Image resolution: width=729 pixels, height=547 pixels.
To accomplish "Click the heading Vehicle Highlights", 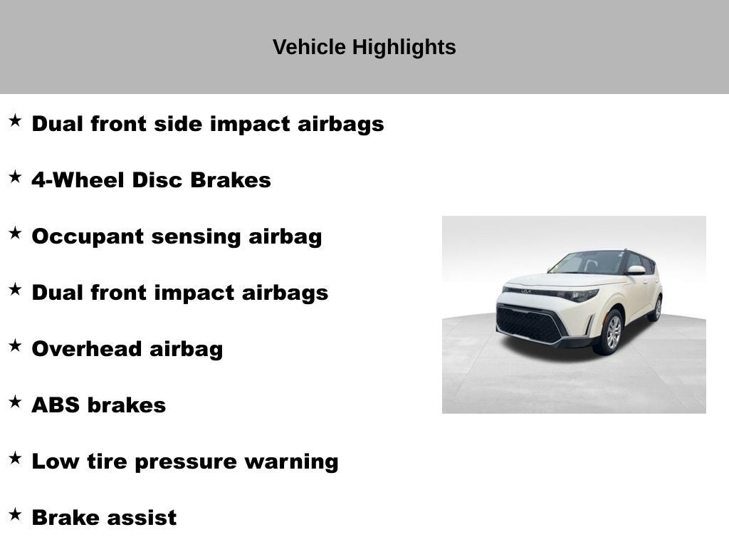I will [x=364, y=47].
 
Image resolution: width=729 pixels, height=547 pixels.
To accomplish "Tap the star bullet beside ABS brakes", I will [x=15, y=402].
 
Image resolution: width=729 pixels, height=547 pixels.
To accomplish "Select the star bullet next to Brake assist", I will [x=15, y=514].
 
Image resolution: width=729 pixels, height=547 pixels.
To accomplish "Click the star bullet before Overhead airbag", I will [x=15, y=345].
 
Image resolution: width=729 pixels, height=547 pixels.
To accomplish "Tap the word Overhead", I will [x=87, y=349].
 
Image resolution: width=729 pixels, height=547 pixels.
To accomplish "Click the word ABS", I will [x=56, y=405].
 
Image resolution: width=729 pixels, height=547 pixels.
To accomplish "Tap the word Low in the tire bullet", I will [x=56, y=462].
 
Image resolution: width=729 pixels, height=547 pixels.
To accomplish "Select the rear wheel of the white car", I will [x=656, y=308].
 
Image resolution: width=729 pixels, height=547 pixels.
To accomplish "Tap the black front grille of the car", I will [x=530, y=325].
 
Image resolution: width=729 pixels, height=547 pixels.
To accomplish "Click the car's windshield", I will [x=588, y=263].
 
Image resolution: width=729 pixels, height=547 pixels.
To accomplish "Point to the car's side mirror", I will [x=636, y=270].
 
